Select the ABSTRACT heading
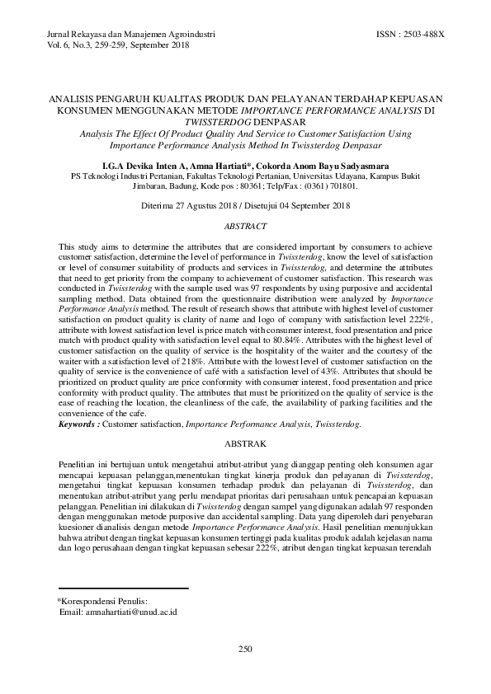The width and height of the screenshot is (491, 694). pos(245,225)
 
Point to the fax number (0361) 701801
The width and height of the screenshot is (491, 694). pos(335,186)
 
